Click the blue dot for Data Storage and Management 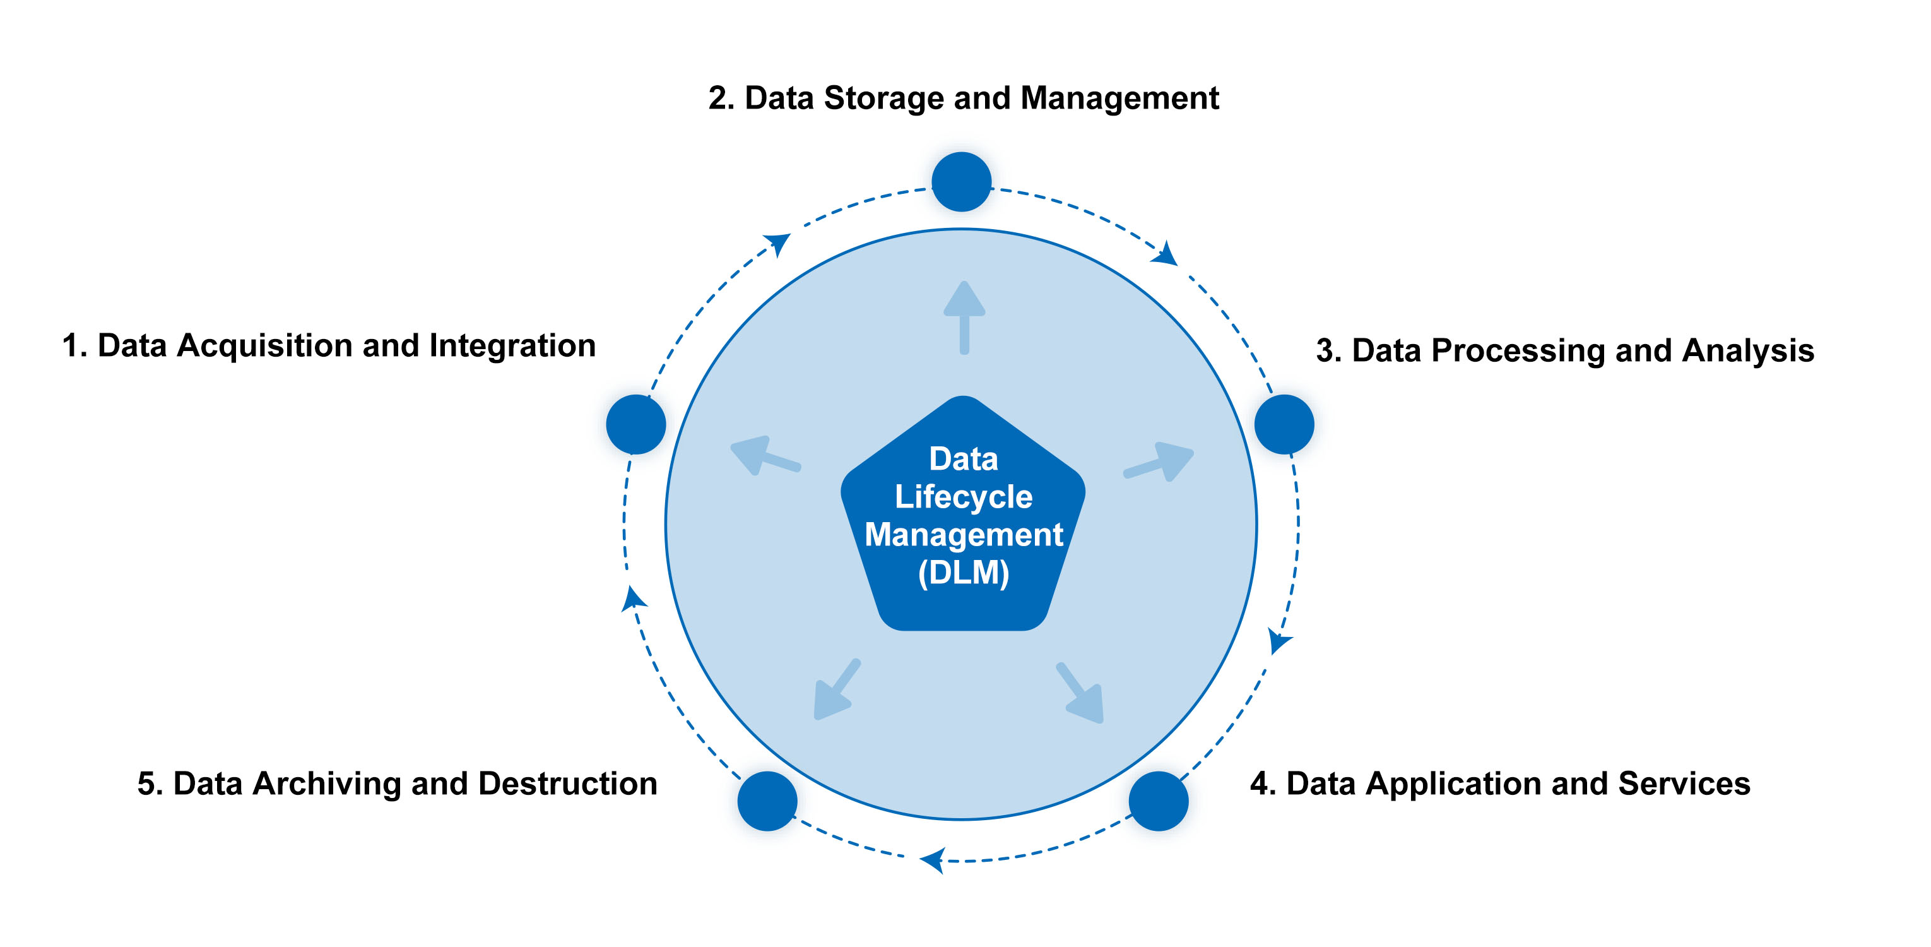point(961,181)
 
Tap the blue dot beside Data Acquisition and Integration point(635,424)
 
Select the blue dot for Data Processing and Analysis point(1284,424)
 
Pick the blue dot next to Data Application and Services point(1158,801)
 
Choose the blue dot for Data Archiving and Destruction point(767,801)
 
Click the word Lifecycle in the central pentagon point(963,497)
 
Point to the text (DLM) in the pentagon point(963,573)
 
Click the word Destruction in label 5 point(567,783)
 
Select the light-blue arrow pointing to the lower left point(836,691)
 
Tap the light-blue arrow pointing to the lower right point(1081,694)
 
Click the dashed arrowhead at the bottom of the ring point(933,859)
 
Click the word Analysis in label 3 point(1747,350)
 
